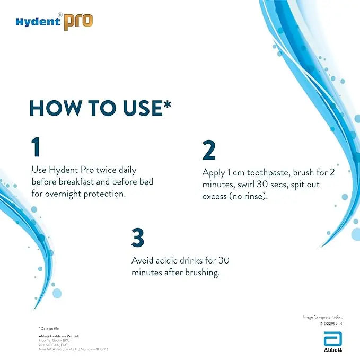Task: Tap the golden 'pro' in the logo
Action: coord(78,22)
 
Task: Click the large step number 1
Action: coord(36,147)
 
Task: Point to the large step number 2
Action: coord(209,151)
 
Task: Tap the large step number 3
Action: coord(138,238)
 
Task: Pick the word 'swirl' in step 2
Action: coord(249,184)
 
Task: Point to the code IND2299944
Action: coord(331,323)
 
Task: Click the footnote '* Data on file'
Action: coord(47,329)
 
